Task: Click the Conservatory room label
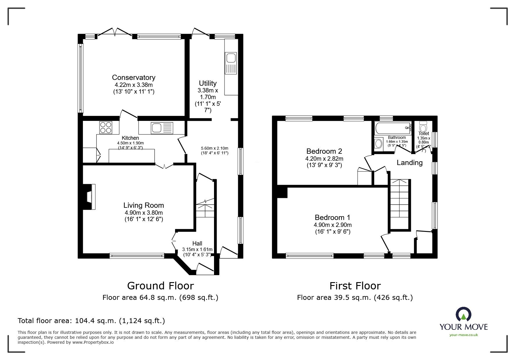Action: point(133,77)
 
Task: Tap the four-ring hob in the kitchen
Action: point(106,127)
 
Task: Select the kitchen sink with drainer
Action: point(162,128)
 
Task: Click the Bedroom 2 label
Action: point(324,151)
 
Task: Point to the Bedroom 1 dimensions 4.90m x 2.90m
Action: point(332,225)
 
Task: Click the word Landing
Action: point(409,163)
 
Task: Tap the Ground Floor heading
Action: point(160,286)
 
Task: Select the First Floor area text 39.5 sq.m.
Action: point(355,298)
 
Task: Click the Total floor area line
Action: point(91,321)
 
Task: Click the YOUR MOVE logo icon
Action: point(463,315)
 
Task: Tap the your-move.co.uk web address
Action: point(464,335)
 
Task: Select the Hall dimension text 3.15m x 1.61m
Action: point(197,249)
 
